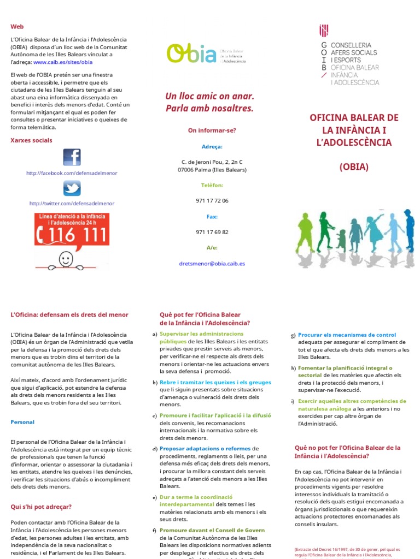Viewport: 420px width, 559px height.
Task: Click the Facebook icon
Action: click(x=72, y=157)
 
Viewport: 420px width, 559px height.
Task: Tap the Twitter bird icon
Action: click(x=72, y=188)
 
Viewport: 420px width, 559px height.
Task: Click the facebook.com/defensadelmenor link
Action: click(x=72, y=173)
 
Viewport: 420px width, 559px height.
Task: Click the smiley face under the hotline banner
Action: click(x=66, y=258)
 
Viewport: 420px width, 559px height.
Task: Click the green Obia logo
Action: click(x=191, y=53)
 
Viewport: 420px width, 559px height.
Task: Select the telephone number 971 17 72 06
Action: click(x=212, y=200)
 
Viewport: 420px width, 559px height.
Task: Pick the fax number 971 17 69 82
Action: click(x=212, y=232)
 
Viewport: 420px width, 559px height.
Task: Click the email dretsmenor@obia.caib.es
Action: click(x=212, y=263)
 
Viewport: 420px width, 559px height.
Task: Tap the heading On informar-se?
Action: click(x=212, y=130)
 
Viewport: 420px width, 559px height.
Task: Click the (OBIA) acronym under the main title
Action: click(x=354, y=166)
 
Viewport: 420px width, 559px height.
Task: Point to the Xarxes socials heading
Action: click(x=32, y=140)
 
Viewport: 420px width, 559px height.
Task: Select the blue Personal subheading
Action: click(x=22, y=422)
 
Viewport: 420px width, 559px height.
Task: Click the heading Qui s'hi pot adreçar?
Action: click(x=41, y=507)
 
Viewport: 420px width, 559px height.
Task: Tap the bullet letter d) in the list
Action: click(x=155, y=449)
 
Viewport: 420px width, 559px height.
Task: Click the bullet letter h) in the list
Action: click(x=293, y=368)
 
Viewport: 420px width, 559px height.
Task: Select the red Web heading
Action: click(x=17, y=26)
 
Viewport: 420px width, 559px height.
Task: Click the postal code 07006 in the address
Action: click(x=188, y=170)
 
